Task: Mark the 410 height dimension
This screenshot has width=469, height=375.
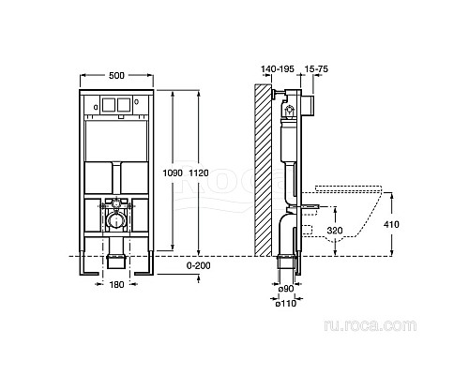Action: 402,225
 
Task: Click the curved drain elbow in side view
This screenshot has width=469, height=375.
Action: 284,230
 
